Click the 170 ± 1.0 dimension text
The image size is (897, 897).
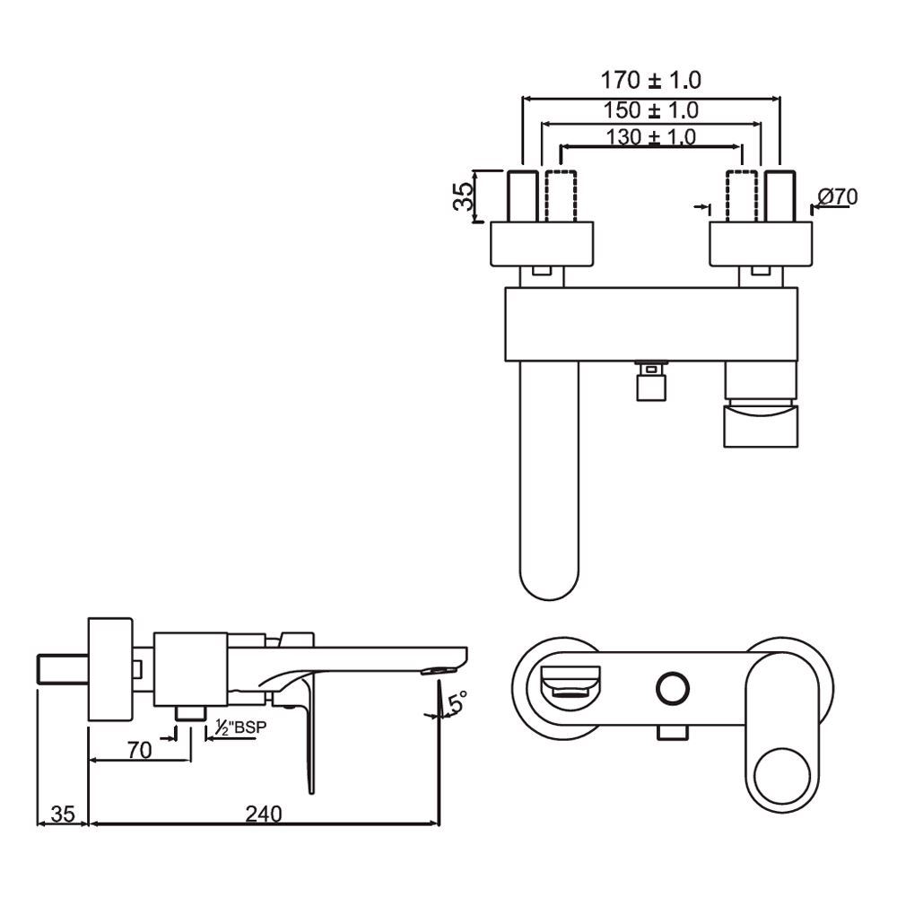pos(650,80)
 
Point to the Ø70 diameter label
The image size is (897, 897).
pos(838,196)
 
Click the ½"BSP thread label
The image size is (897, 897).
pos(240,728)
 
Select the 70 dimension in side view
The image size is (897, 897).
pos(139,750)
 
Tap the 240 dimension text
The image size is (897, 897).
pos(264,814)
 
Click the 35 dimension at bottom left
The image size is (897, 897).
pos(62,814)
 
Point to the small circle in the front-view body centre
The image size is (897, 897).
pos(672,689)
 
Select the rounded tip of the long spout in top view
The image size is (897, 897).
pos(550,583)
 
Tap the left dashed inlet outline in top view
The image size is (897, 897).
pos(558,195)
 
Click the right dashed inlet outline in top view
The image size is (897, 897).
pos(741,195)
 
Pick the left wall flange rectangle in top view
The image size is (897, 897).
pos(543,243)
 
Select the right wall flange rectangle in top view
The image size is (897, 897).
pos(761,243)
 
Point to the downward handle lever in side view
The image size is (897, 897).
pos(309,736)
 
